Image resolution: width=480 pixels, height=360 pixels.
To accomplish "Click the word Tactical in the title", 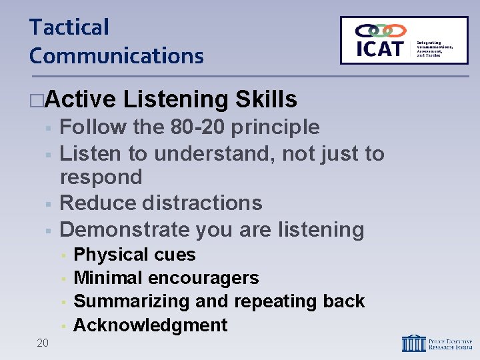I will (x=69, y=27).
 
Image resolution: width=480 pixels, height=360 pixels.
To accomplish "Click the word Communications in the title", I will (x=116, y=55).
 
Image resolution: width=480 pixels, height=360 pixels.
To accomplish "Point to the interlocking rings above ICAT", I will (x=381, y=30).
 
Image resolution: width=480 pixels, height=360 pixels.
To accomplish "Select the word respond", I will (x=101, y=177).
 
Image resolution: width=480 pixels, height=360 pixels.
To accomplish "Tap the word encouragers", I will (x=203, y=278).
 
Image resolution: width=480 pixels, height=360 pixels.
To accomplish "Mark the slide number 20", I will (x=43, y=343).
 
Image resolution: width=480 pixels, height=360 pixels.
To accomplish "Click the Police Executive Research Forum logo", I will (x=437, y=343).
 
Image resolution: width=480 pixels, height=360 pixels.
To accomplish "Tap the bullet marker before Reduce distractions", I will (x=47, y=203).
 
